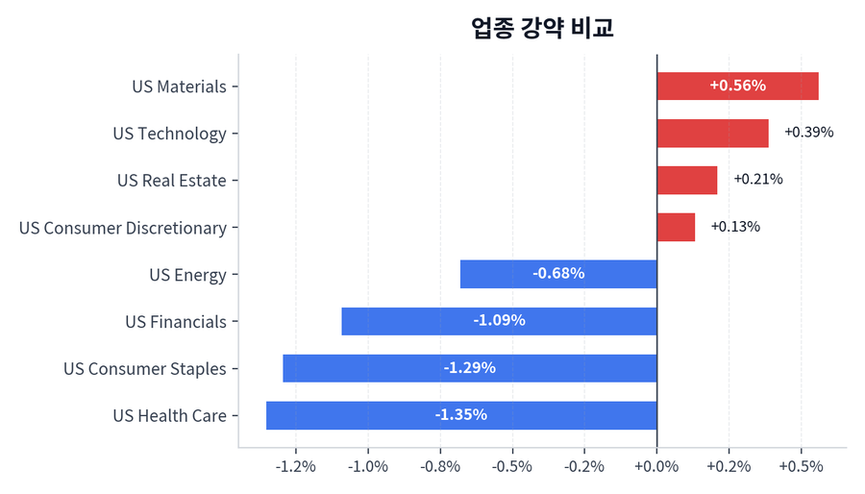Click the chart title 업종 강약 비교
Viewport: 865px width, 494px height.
coord(542,28)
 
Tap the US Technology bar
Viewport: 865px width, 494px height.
coord(712,133)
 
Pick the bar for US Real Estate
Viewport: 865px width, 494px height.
coord(686,180)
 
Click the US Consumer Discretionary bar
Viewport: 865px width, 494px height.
coord(676,227)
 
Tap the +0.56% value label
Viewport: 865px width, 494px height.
coord(737,86)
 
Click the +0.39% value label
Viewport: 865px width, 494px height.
coord(808,133)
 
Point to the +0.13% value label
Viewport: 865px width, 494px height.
coord(735,227)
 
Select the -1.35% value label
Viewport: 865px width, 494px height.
coord(460,415)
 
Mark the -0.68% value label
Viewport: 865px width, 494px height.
coord(558,274)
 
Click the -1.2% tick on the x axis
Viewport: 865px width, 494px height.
coord(295,467)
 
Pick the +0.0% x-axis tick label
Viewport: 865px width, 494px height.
coord(656,467)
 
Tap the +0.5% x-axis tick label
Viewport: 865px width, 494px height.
coord(801,467)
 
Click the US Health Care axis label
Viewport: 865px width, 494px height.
coord(169,416)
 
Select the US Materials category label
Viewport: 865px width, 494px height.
coord(179,86)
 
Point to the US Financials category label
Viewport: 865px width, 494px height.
coord(176,322)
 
